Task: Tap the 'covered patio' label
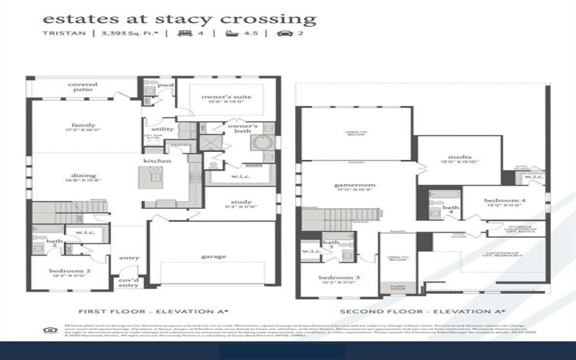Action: pos(83,88)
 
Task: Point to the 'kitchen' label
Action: pos(157,161)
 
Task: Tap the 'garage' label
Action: pos(214,256)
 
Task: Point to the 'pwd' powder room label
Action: pos(166,86)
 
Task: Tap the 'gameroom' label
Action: pos(350,186)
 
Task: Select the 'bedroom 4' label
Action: pos(504,200)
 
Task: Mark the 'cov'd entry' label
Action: pos(128,282)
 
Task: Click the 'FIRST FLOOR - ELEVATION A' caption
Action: pos(153,311)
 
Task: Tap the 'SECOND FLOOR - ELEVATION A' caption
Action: pos(422,311)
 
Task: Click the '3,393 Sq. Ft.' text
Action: pos(126,33)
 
